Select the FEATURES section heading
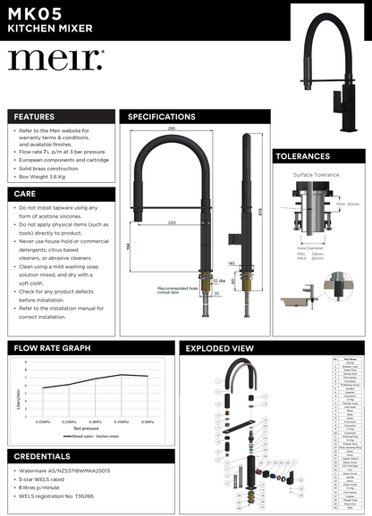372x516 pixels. click(x=35, y=117)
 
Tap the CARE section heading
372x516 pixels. click(x=26, y=193)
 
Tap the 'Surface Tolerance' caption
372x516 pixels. click(x=308, y=175)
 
